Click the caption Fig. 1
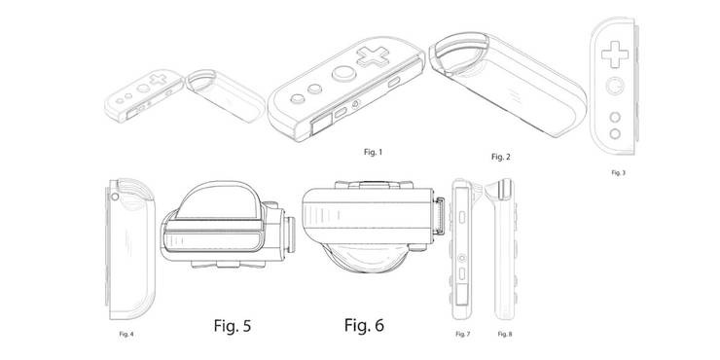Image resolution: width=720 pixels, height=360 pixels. tap(372, 154)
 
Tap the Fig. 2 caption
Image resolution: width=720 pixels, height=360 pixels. tap(500, 157)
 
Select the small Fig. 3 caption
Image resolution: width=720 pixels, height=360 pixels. tap(618, 172)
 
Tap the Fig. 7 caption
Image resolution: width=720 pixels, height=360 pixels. tap(463, 334)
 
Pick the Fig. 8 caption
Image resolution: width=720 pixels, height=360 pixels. tap(505, 334)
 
